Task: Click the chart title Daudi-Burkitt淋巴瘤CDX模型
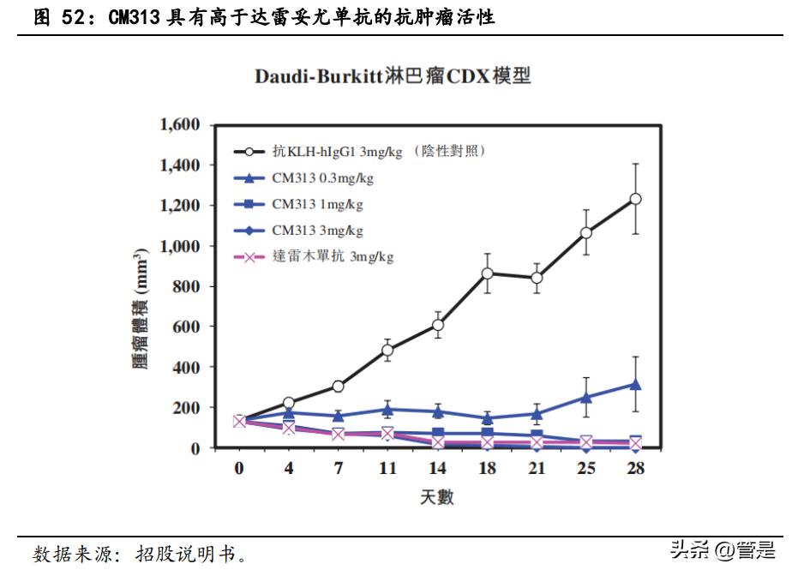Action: click(x=393, y=77)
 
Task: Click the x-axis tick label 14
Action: click(x=437, y=469)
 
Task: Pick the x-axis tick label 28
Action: click(x=635, y=469)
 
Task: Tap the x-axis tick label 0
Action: click(x=239, y=469)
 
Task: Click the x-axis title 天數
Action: click(x=437, y=497)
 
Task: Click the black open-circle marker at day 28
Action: click(x=635, y=199)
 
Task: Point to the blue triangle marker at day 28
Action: click(x=635, y=385)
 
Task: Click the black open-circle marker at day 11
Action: click(x=387, y=350)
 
